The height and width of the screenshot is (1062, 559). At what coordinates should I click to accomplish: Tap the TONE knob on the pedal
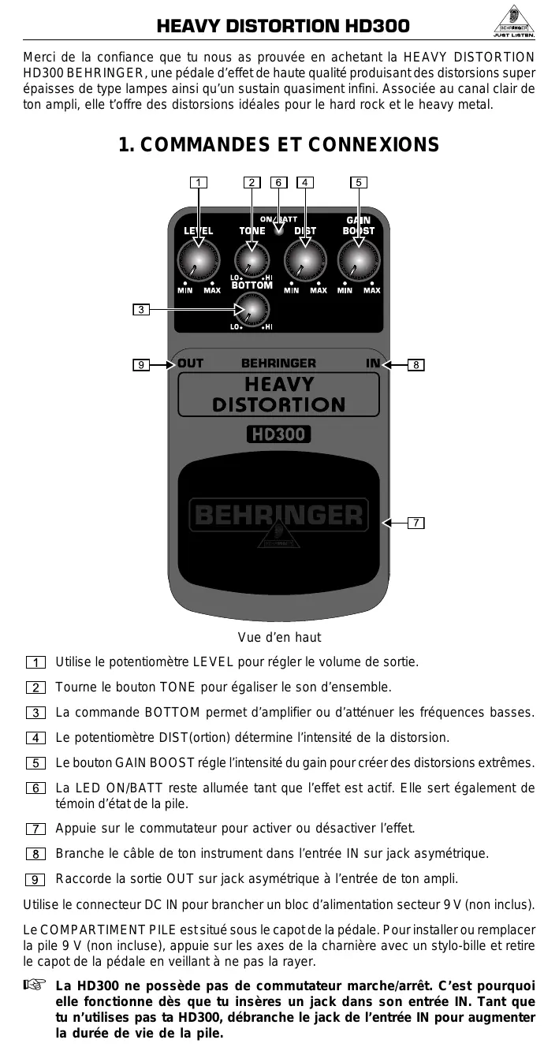tap(252, 259)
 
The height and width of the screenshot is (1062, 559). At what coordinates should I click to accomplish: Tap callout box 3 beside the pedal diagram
tap(140, 309)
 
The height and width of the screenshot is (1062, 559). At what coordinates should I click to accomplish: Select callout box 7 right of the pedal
tap(416, 523)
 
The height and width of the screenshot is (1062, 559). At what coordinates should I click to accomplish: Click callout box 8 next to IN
tap(416, 364)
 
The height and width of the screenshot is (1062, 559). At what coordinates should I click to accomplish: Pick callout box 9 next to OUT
tap(140, 364)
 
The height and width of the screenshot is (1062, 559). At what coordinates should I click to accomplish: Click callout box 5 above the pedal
tap(359, 183)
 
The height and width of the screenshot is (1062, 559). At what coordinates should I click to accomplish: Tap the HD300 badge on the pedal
tap(278, 434)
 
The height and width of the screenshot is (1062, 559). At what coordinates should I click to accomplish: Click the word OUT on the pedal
tap(190, 363)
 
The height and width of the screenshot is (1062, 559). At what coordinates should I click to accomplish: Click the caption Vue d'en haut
tap(279, 637)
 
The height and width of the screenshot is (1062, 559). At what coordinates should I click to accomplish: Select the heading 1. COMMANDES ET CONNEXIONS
tap(278, 145)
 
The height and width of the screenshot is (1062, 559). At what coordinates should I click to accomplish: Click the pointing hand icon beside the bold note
tap(35, 985)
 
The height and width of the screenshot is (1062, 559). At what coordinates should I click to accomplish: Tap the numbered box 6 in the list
tap(35, 788)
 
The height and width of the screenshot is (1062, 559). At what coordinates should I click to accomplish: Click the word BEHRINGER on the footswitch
tap(278, 516)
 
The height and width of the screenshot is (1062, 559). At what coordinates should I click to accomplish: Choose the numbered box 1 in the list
tap(35, 662)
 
